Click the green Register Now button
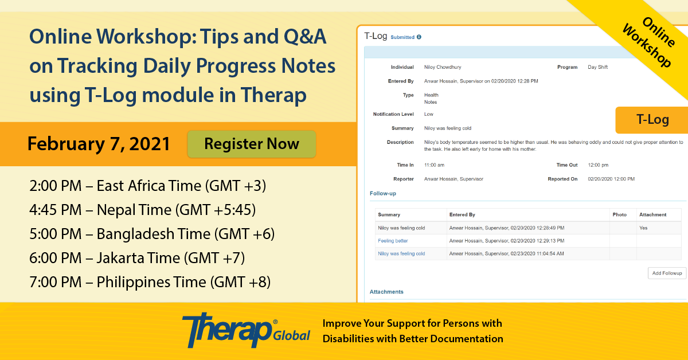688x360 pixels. tap(252, 144)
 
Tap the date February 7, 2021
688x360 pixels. tap(99, 144)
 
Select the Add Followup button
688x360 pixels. tap(667, 273)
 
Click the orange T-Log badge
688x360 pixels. tap(652, 120)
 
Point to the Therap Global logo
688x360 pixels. tap(246, 330)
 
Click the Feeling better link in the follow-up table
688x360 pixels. tap(393, 241)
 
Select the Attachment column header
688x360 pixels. tap(652, 215)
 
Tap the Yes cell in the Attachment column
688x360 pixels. tap(643, 228)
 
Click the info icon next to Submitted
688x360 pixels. tap(419, 37)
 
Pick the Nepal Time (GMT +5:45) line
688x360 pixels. tap(143, 210)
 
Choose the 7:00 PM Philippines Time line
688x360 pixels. tap(150, 282)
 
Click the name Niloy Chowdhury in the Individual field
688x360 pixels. tap(443, 67)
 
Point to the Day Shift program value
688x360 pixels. tap(597, 67)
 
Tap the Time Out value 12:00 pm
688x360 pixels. tap(598, 165)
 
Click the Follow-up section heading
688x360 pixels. tap(383, 194)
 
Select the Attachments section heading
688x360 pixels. tap(386, 292)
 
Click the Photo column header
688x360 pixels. tap(620, 215)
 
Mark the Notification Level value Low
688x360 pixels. tap(428, 114)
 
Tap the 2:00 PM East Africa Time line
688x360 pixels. tap(148, 186)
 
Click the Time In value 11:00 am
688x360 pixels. tap(434, 165)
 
